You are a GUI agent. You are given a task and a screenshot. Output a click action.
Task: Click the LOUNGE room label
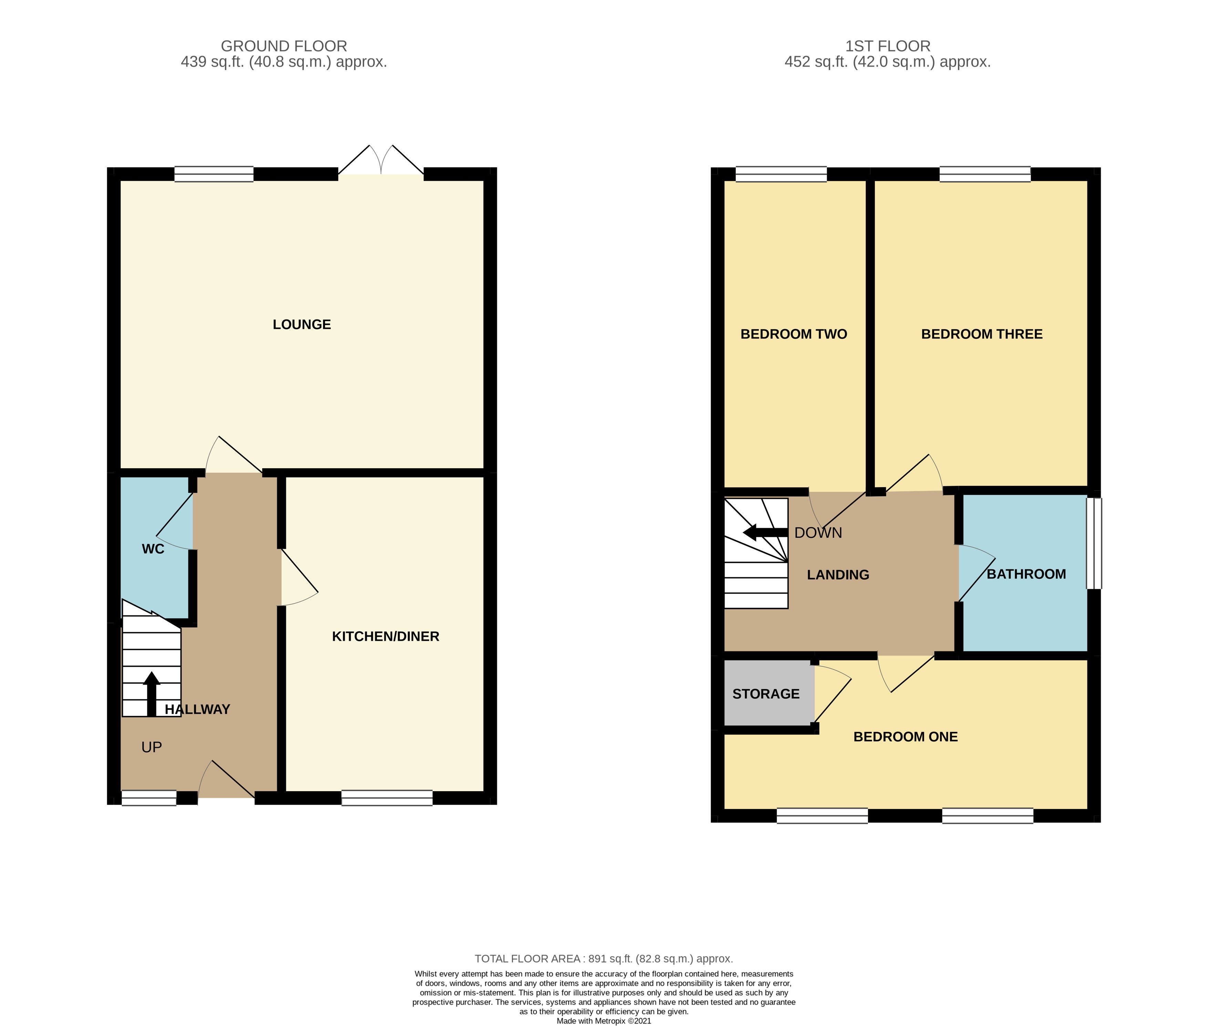click(x=301, y=325)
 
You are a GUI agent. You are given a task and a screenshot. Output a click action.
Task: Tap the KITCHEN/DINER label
click(x=385, y=636)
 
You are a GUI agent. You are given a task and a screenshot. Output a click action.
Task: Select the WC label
click(x=153, y=549)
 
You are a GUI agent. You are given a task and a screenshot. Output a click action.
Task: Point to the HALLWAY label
click(x=197, y=709)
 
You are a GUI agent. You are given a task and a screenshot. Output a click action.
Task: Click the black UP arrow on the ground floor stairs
click(x=151, y=694)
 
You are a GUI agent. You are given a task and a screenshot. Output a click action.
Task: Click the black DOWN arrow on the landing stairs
click(x=765, y=532)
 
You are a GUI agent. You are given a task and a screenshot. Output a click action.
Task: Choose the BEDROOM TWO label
click(x=794, y=334)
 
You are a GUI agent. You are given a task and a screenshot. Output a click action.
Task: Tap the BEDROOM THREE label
click(x=982, y=334)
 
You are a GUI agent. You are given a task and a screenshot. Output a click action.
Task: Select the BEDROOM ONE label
click(x=906, y=737)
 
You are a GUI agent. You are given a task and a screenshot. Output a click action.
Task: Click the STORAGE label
click(x=766, y=694)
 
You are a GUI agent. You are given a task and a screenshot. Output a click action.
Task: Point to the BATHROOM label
click(x=1026, y=574)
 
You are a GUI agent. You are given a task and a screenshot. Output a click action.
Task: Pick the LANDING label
click(x=838, y=575)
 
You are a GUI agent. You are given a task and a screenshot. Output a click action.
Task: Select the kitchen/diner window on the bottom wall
click(x=387, y=797)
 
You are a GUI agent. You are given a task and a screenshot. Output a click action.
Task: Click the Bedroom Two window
click(x=781, y=174)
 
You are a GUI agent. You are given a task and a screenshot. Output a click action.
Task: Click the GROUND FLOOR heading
click(x=284, y=46)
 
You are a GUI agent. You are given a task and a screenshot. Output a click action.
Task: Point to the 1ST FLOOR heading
click(x=888, y=46)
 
